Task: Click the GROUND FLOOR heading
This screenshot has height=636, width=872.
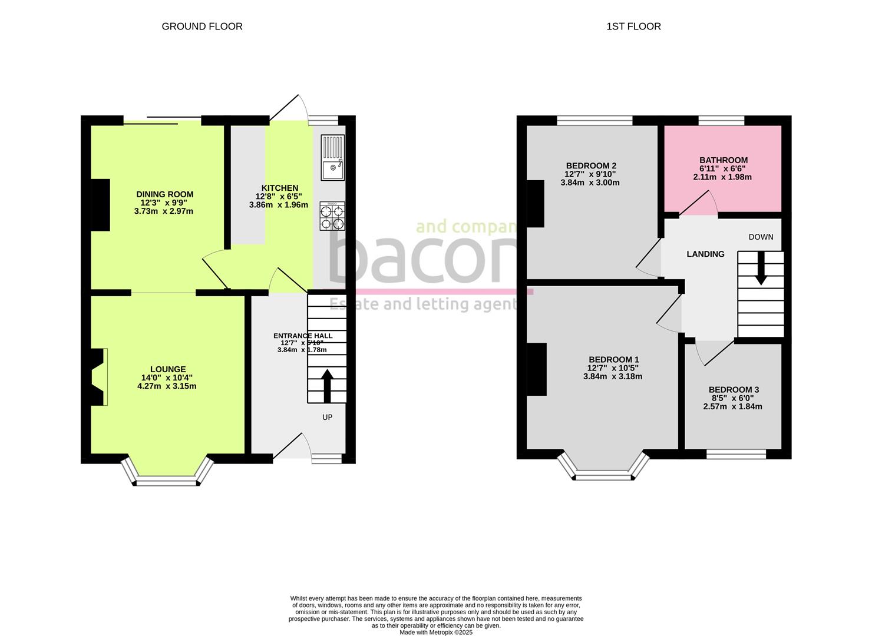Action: pos(202,26)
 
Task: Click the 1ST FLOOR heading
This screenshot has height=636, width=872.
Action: pos(633,26)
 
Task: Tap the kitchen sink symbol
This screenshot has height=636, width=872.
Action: pos(333,157)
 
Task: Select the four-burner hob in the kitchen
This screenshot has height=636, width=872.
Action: pos(332,216)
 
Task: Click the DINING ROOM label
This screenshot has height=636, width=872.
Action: pos(164,194)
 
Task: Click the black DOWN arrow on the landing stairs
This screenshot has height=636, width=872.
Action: pos(761,269)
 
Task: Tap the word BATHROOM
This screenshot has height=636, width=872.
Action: pos(723,160)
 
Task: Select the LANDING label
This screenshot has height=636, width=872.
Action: pos(705,254)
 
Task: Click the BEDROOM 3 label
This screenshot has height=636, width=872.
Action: pos(734,390)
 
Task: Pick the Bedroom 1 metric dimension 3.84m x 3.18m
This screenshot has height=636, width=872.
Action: pos(613,377)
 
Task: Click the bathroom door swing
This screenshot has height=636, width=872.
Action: pos(699,204)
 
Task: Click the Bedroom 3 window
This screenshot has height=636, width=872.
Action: pos(736,454)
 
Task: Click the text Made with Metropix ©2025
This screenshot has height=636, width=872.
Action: pos(436,632)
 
